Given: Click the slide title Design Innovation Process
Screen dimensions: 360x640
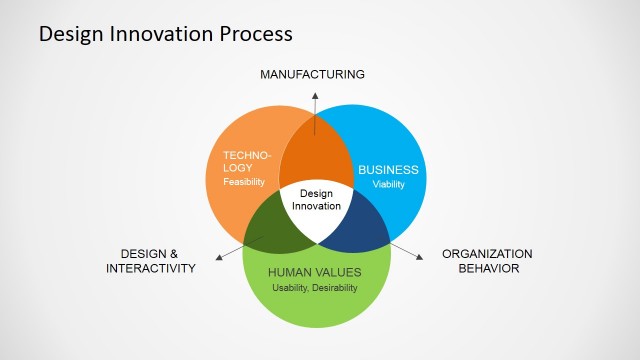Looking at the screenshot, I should click(x=165, y=34).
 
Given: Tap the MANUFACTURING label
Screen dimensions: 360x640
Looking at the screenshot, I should click(x=312, y=74).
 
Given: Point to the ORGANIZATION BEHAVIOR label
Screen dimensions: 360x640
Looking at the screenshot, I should click(x=487, y=260).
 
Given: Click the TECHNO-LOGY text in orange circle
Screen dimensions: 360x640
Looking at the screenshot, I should click(x=247, y=162).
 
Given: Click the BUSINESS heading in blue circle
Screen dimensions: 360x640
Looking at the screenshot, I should click(x=388, y=170).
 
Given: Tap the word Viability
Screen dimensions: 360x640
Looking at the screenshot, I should click(x=388, y=185).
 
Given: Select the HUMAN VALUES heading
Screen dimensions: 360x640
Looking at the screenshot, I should click(x=315, y=272).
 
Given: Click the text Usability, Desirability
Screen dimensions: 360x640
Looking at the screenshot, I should click(x=315, y=288).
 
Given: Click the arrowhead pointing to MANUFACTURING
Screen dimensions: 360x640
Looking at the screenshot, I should click(x=315, y=93).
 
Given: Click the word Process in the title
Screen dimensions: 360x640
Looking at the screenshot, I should click(x=255, y=34).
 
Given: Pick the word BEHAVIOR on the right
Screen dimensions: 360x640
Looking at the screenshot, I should click(x=487, y=268).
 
